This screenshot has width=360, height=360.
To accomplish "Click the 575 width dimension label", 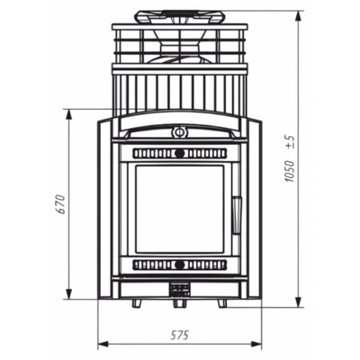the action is [x=179, y=335].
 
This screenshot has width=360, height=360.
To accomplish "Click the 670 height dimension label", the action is [x=61, y=204].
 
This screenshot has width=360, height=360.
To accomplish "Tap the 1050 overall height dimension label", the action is [x=289, y=171].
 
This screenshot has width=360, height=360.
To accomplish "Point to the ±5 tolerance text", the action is [x=290, y=142].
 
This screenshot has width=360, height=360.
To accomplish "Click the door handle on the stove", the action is [x=237, y=215].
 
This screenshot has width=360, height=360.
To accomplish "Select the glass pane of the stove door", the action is [x=180, y=209].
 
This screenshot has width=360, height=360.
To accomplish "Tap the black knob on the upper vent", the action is [x=179, y=154].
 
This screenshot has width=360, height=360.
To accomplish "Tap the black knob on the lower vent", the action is [x=179, y=265].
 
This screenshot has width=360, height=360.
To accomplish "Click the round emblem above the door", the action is [x=179, y=131].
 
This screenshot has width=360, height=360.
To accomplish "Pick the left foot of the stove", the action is [x=138, y=303].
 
